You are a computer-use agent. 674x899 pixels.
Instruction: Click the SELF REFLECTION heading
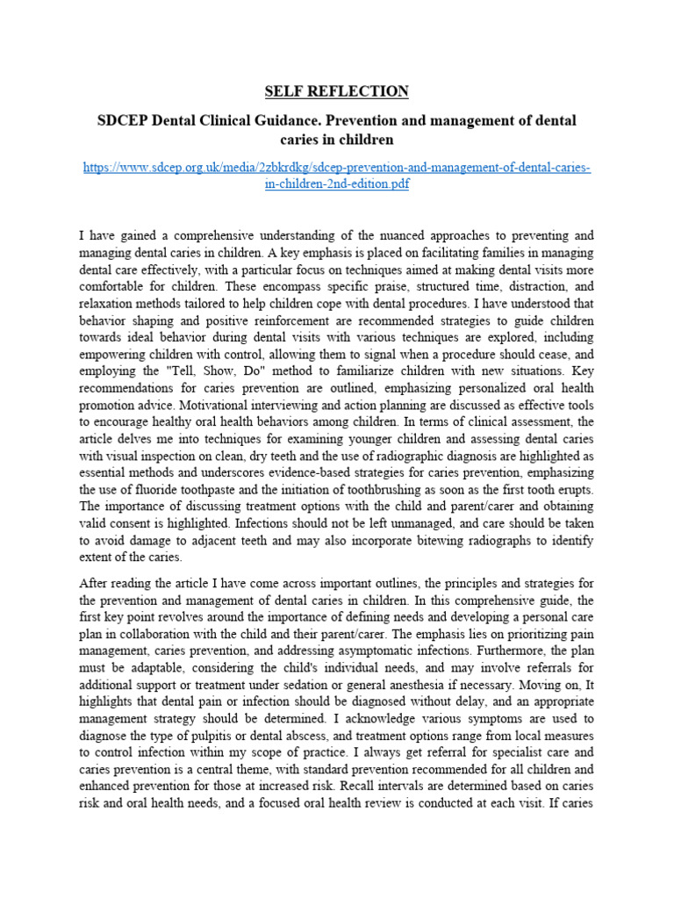click(337, 91)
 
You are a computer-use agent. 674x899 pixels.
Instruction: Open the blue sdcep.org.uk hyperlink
click(337, 176)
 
